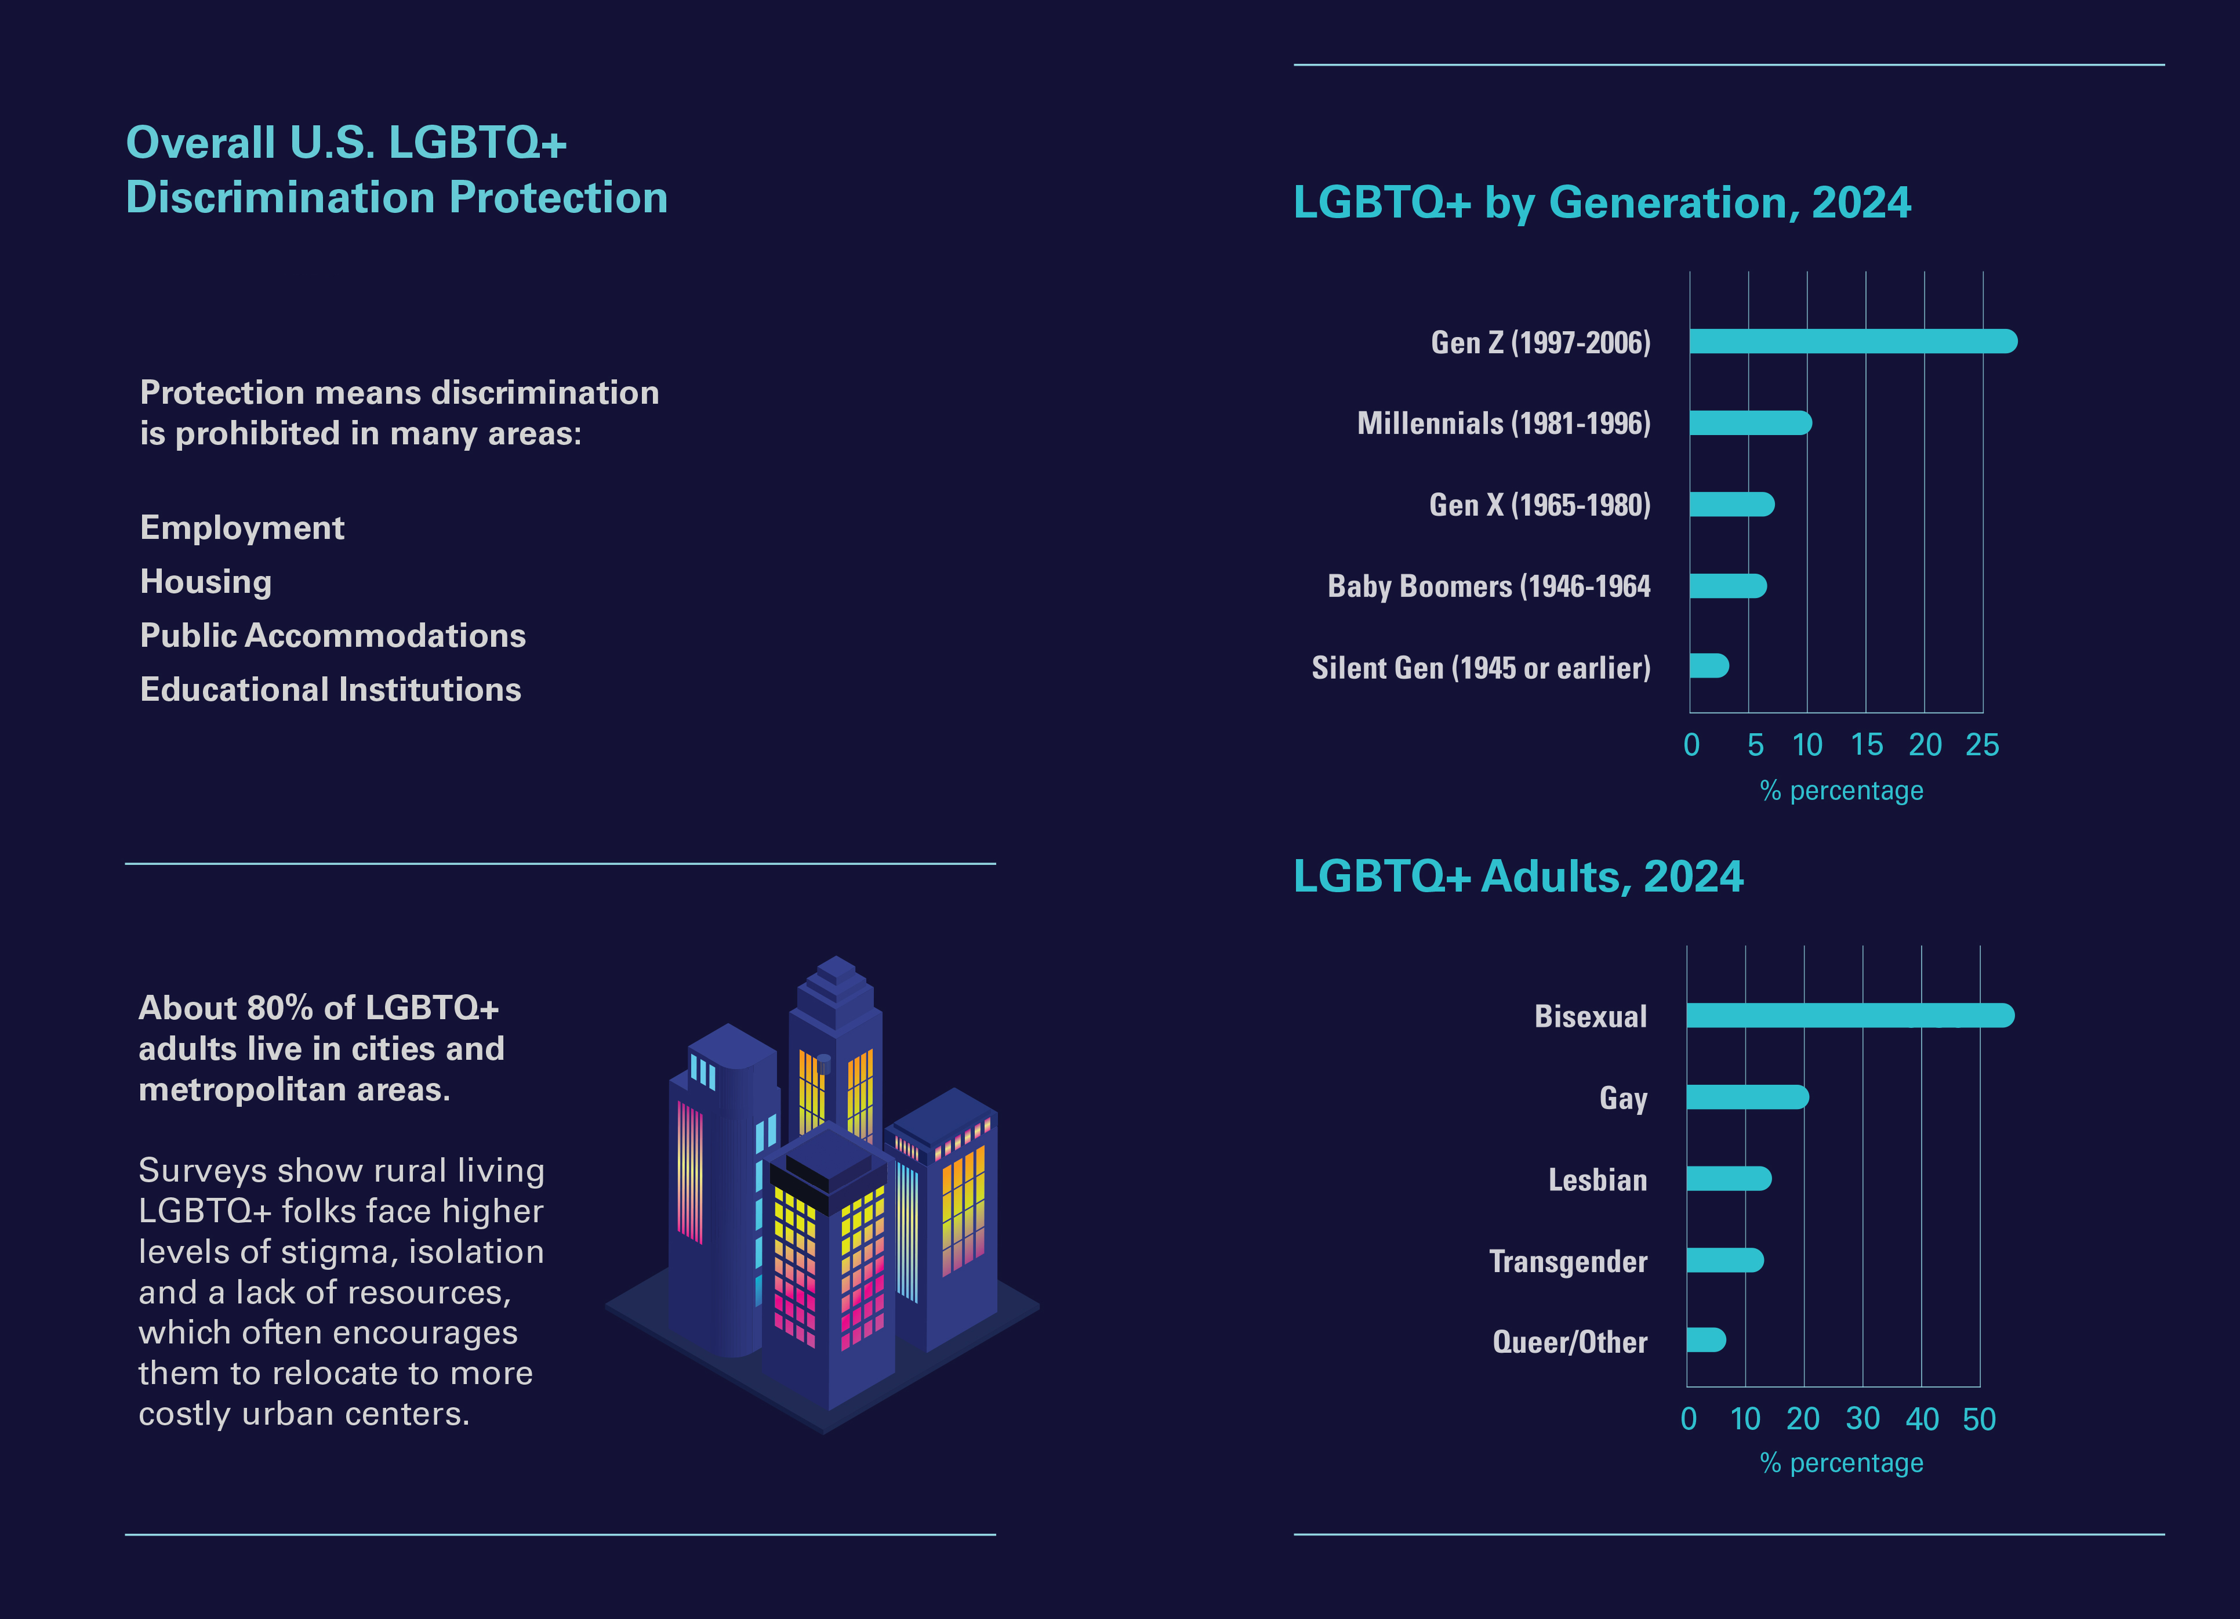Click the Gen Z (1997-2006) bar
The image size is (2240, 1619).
[1852, 342]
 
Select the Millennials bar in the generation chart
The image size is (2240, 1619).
[1749, 423]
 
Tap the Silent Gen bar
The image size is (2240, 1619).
[1709, 666]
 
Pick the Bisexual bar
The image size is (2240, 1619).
[1849, 1016]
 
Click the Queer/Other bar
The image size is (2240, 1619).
[1706, 1341]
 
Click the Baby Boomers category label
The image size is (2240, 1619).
[1489, 587]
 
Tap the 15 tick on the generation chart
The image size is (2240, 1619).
[1865, 745]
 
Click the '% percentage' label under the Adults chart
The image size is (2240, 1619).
[1841, 1463]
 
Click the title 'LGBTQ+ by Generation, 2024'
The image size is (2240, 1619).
[1601, 202]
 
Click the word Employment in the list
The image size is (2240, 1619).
[242, 527]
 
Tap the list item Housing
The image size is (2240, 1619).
[205, 582]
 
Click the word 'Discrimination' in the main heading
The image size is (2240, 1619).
[281, 198]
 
